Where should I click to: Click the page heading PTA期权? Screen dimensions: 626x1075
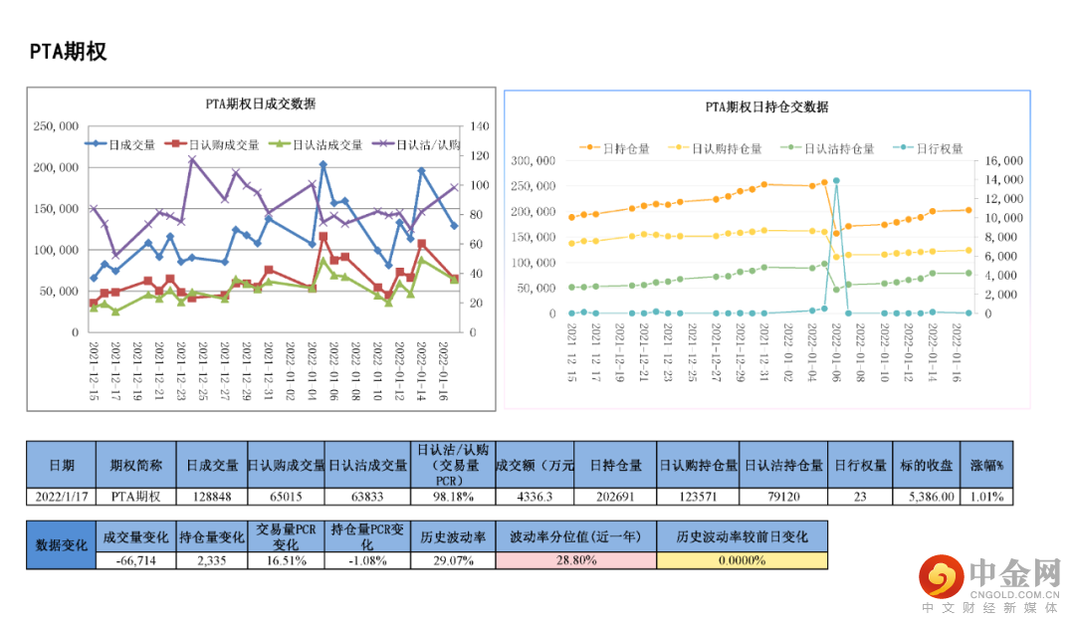[x=68, y=52]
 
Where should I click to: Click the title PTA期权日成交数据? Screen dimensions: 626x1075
[x=261, y=104]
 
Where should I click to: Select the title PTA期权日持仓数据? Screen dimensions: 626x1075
[x=766, y=107]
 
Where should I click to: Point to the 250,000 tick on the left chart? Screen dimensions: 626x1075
[x=56, y=126]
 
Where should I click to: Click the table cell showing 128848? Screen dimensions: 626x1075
[x=212, y=497]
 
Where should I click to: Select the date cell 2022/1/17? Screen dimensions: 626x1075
[x=61, y=497]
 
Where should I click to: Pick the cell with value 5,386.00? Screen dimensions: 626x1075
[x=932, y=497]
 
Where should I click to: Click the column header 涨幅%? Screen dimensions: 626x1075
[x=987, y=465]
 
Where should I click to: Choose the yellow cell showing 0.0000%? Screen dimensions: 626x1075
[x=742, y=560]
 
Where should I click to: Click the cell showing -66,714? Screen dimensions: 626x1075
[x=136, y=560]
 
